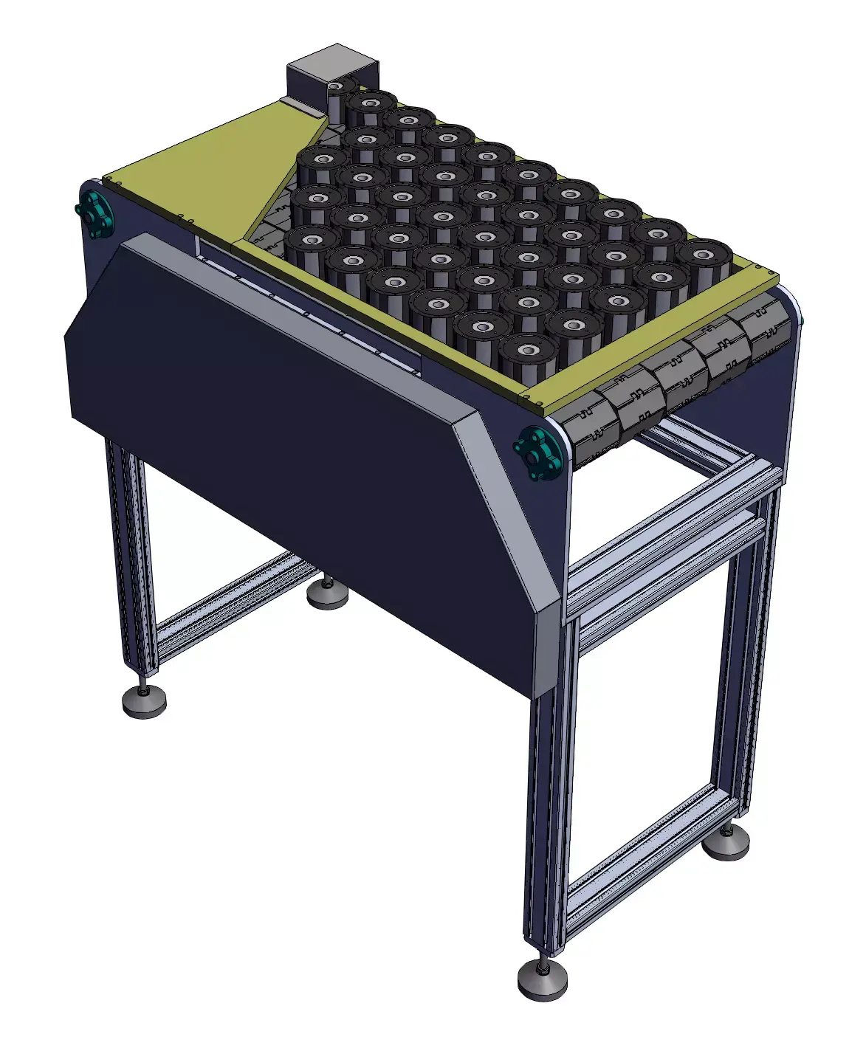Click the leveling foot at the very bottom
click(542, 979)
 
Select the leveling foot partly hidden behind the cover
click(327, 594)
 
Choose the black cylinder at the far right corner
click(704, 262)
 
